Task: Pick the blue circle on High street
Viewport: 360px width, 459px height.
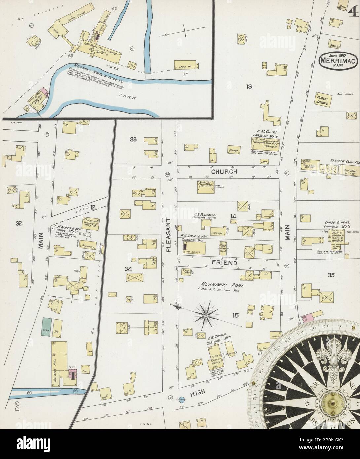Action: coord(181,399)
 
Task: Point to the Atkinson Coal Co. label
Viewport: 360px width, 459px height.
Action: coord(343,161)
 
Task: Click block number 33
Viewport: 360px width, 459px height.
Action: coord(133,139)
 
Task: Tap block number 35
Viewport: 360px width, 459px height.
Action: coord(331,274)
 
